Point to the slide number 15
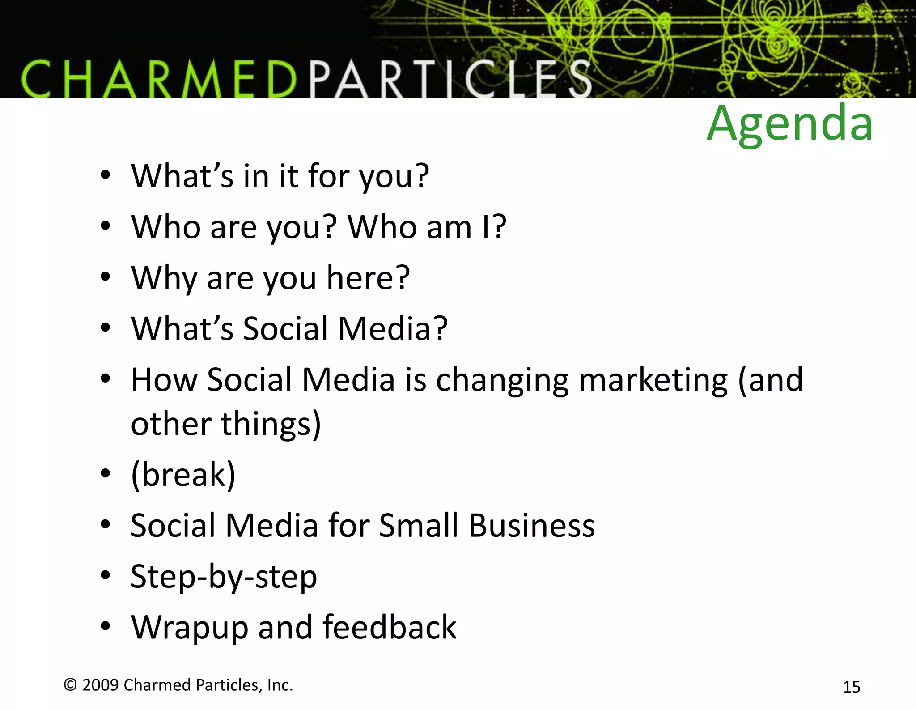pyautogui.click(x=851, y=687)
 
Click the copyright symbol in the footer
pyautogui.click(x=70, y=684)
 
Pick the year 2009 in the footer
pyautogui.click(x=101, y=685)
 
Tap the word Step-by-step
pyautogui.click(x=224, y=576)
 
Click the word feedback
pyautogui.click(x=389, y=627)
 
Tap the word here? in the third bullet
pyautogui.click(x=368, y=278)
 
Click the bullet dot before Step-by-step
pyautogui.click(x=105, y=576)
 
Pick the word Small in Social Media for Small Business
pyautogui.click(x=419, y=525)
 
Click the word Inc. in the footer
pyautogui.click(x=280, y=685)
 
